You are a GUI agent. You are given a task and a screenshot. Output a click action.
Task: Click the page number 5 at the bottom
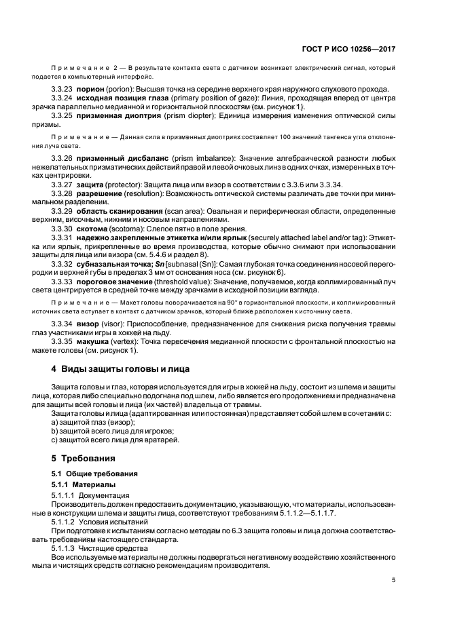pos(394,580)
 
